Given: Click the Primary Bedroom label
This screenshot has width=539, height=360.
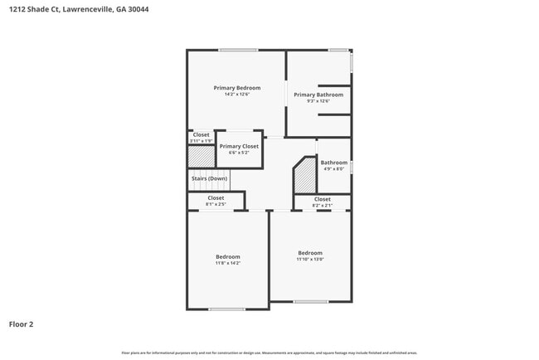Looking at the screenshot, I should point(236,88).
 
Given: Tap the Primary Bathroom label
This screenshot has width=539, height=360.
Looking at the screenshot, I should point(318,95).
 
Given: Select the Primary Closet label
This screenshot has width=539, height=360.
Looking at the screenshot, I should point(238,146).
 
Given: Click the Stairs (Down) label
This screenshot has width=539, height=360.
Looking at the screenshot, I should point(209,178).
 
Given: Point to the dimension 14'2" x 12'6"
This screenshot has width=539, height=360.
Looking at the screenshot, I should point(236,95).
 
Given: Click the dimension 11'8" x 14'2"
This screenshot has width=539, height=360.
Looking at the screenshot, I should point(227,263).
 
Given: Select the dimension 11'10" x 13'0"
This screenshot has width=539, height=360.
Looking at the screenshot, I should point(310,259).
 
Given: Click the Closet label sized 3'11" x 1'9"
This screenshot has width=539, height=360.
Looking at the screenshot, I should point(202,134).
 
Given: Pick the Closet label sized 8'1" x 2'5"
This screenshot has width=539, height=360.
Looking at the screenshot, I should point(216,198).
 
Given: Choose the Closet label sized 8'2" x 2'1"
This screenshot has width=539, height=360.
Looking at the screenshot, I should point(323,199).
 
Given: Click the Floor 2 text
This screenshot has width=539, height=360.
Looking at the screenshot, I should point(21,324).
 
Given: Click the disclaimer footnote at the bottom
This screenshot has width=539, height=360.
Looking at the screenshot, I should point(269,353).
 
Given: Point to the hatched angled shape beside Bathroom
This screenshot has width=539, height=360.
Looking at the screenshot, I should point(307,175).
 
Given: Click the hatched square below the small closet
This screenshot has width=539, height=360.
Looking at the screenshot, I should point(201,156).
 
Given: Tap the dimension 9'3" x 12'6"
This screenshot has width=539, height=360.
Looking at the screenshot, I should point(318,101).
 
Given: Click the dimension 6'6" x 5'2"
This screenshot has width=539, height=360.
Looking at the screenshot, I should point(238,153).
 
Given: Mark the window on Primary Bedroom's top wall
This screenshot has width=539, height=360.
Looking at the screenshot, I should point(238,51).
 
